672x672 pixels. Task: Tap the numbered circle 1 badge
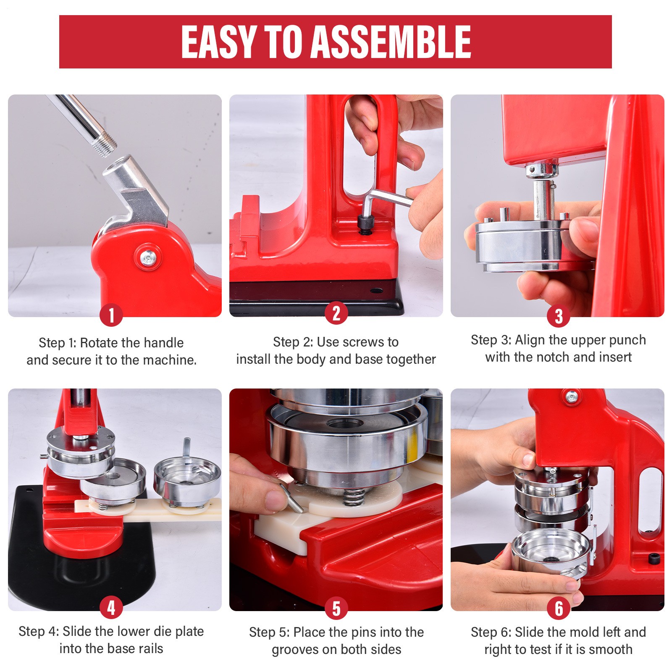pos(111,315)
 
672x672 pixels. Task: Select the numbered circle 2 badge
pos(336,313)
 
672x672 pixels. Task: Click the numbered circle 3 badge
pos(558,316)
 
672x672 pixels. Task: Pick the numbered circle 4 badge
pos(111,607)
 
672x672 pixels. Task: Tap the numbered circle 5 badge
pos(336,608)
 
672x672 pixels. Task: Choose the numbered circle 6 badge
pos(558,608)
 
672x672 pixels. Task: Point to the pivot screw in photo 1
pos(148,256)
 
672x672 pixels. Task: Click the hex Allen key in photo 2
pos(384,202)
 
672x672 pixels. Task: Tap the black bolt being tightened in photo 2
pos(365,225)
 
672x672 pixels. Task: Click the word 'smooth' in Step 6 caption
pos(611,649)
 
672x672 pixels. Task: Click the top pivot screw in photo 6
pos(571,397)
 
